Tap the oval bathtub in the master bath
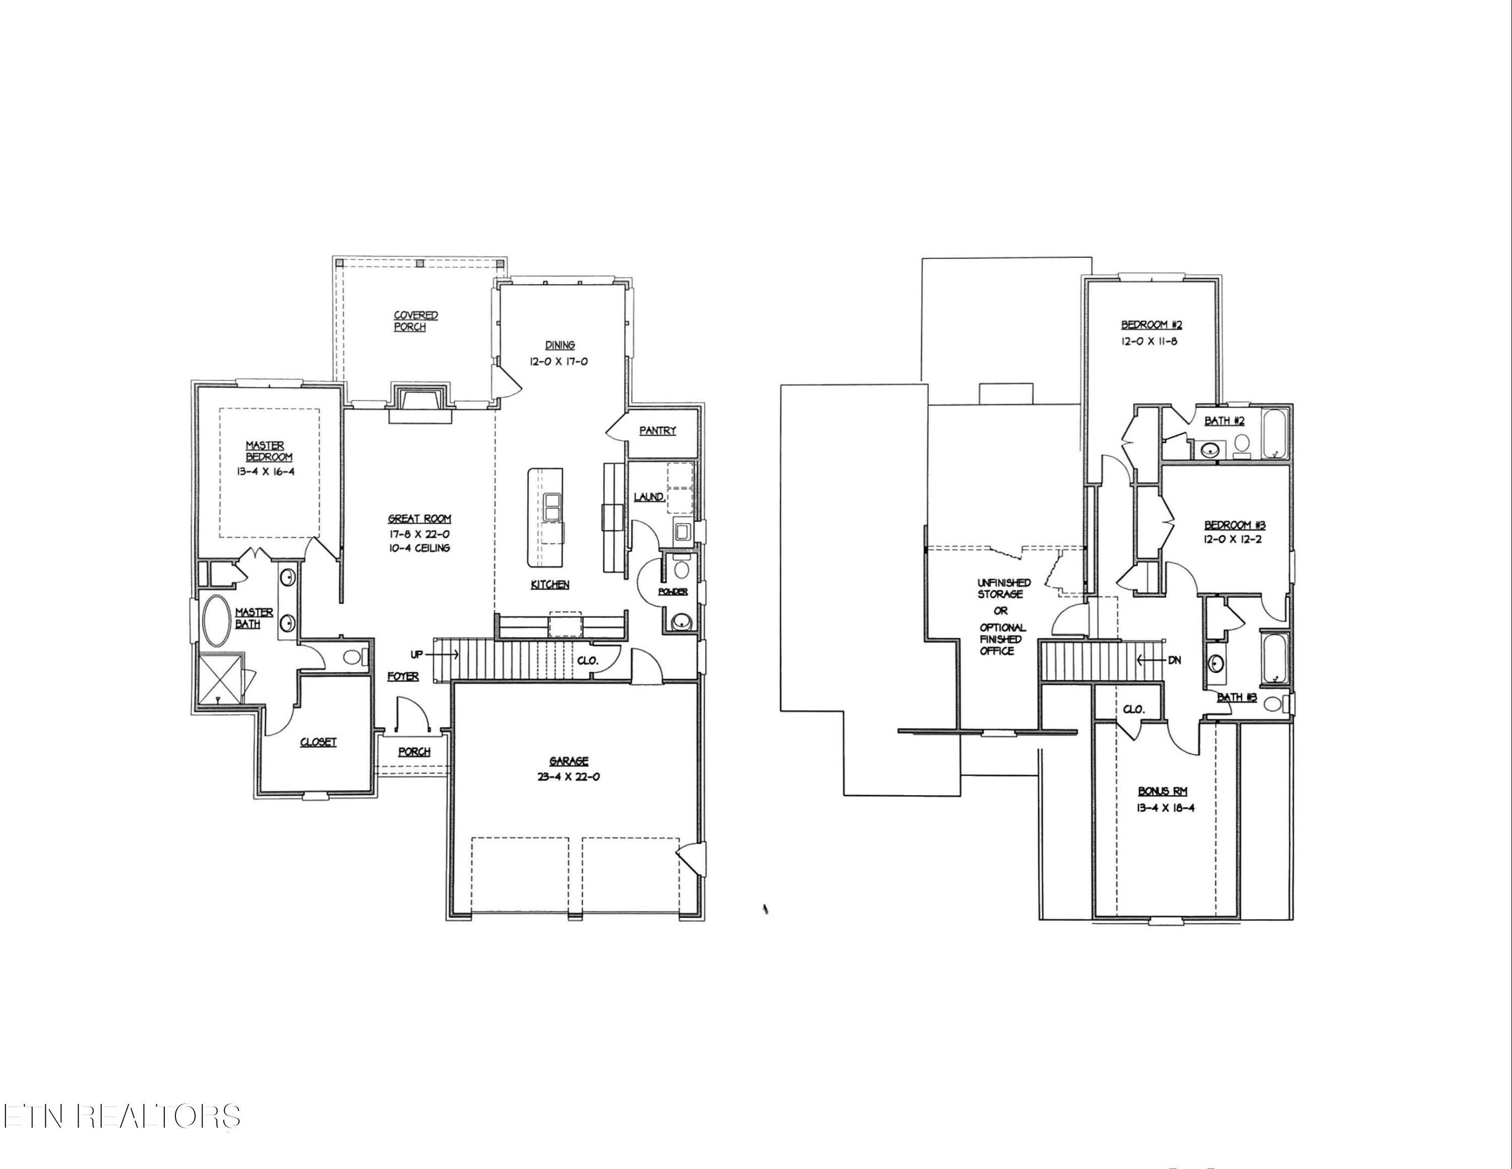pos(217,620)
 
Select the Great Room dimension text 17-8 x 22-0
pos(419,534)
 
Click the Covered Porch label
pos(415,321)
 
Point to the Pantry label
pos(657,430)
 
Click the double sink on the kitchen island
pos(552,506)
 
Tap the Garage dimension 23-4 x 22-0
pos(569,776)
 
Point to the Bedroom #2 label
pos(1147,324)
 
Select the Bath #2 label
pos(1225,421)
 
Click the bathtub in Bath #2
pos(1275,434)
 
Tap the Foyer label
pos(402,676)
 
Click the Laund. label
pos(648,497)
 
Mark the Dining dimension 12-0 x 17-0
pos(559,361)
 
